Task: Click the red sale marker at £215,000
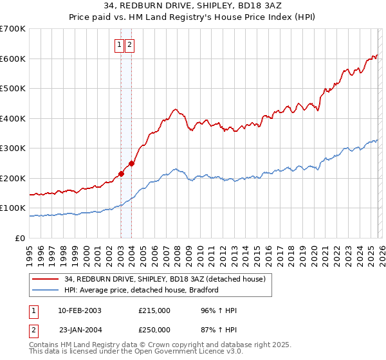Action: pyautogui.click(x=120, y=174)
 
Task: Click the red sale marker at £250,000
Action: pyautogui.click(x=131, y=163)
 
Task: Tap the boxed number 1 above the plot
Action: pyautogui.click(x=120, y=44)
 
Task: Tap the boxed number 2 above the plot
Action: pyautogui.click(x=129, y=44)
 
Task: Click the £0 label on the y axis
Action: pyautogui.click(x=20, y=239)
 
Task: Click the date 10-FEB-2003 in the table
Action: pyautogui.click(x=79, y=310)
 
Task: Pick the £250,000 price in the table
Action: pyautogui.click(x=154, y=330)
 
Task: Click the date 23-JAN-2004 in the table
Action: pyautogui.click(x=79, y=330)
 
